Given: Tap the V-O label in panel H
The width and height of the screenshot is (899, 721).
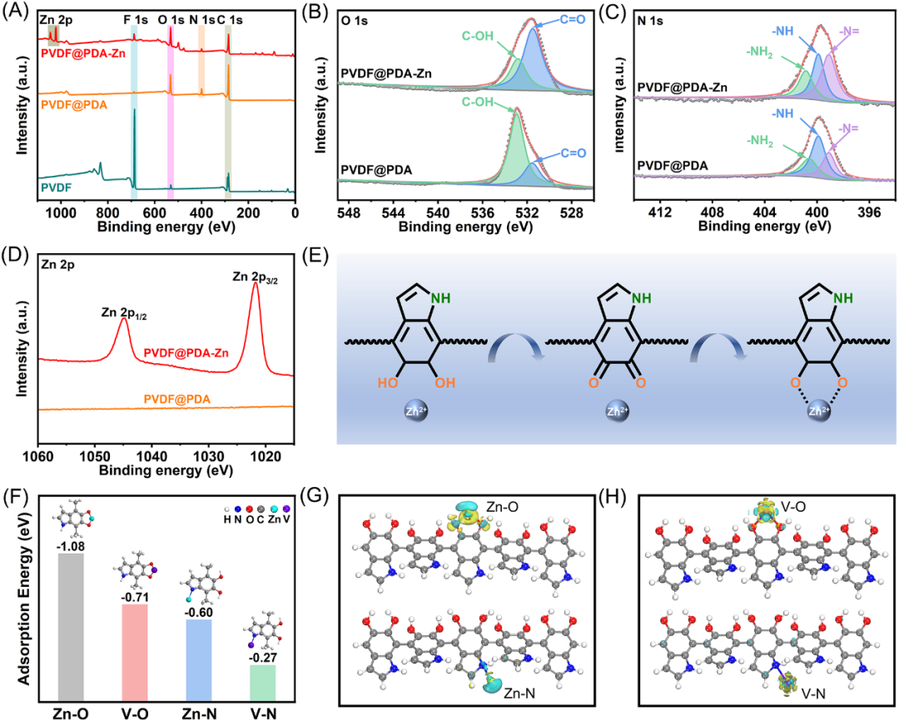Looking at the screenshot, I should pos(787,509).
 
